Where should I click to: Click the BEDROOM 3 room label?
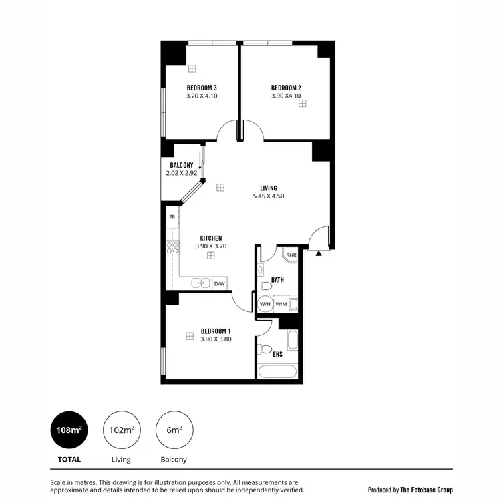[202, 88]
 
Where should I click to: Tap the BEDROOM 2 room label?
[286, 88]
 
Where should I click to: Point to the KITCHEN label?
[211, 238]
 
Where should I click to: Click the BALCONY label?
[182, 165]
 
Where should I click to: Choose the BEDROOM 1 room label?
[216, 331]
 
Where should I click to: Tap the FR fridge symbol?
[172, 217]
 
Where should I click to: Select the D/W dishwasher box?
[219, 283]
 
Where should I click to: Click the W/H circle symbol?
[265, 304]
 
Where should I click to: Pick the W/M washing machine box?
[281, 304]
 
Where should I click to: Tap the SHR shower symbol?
[291, 255]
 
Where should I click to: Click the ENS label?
[277, 354]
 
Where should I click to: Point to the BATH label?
[278, 279]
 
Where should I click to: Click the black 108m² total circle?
[67, 430]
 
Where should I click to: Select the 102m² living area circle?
[120, 430]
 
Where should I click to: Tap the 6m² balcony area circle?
[173, 430]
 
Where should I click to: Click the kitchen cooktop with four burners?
[173, 248]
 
